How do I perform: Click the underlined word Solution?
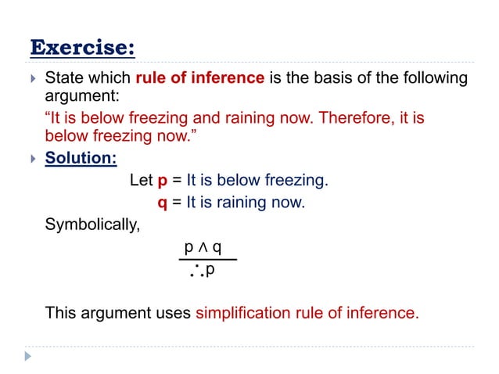click(x=81, y=158)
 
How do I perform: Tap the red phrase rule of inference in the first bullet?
click(x=199, y=78)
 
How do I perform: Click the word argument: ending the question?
click(x=80, y=96)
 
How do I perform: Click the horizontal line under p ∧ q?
click(x=207, y=260)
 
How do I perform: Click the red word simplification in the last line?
click(x=246, y=314)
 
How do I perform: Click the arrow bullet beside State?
click(x=31, y=79)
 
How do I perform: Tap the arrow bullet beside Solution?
click(x=31, y=159)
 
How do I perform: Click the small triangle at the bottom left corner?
click(x=29, y=356)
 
